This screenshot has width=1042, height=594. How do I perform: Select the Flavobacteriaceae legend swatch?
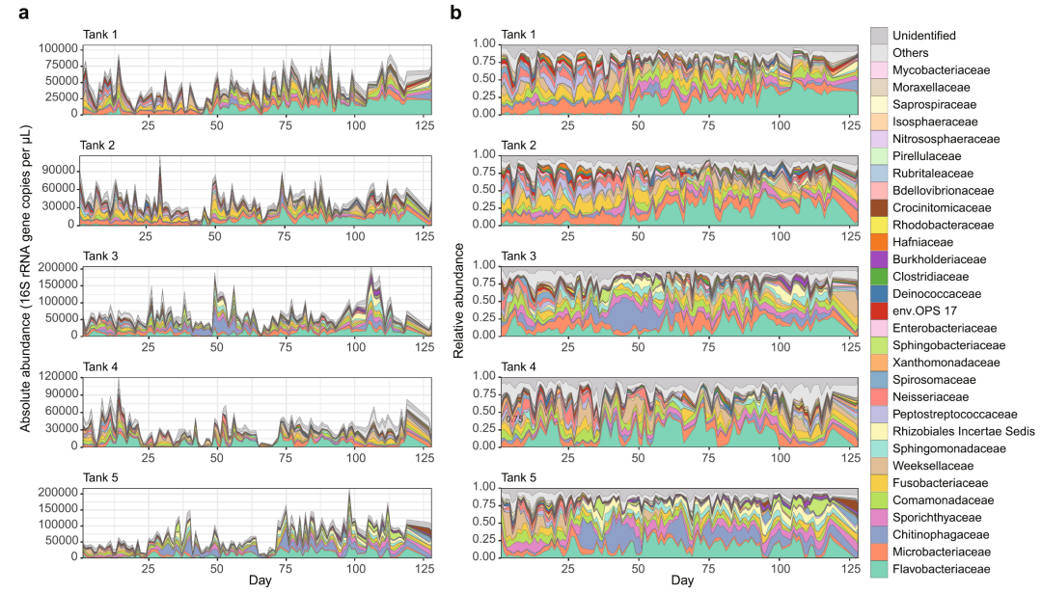(879, 569)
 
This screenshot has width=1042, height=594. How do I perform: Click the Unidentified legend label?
(923, 36)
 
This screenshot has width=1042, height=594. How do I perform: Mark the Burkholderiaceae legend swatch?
(879, 259)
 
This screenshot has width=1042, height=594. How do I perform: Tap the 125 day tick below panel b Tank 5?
(848, 568)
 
